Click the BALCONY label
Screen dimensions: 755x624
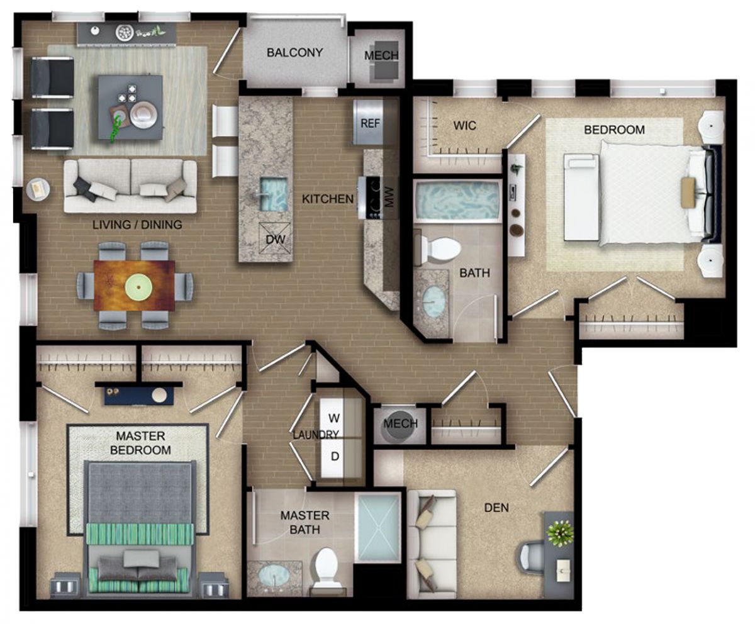[x=294, y=53]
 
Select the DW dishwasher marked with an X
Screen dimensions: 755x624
[x=275, y=238]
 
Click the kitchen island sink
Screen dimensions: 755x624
[x=274, y=194]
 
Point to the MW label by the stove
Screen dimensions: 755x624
[x=389, y=197]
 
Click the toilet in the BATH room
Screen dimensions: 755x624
[x=439, y=248]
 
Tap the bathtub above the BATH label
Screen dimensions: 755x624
[x=457, y=201]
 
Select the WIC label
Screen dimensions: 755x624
[x=465, y=126]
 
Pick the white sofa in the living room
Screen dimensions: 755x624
[x=130, y=186]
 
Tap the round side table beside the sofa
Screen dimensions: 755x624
[x=38, y=189]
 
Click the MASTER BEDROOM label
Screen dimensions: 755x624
[x=141, y=443]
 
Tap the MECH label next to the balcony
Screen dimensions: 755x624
[x=381, y=56]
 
